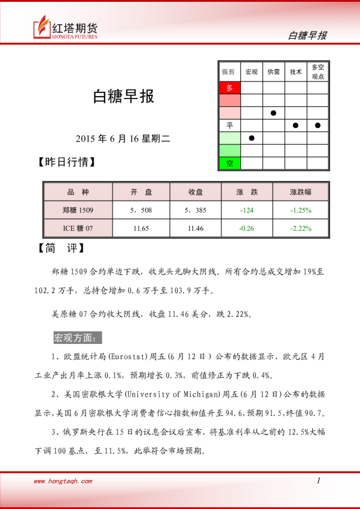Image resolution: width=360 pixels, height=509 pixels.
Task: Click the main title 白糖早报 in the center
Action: [123, 97]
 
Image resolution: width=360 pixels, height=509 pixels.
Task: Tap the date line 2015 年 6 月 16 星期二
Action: [123, 138]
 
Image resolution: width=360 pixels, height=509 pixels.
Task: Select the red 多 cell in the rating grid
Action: [229, 88]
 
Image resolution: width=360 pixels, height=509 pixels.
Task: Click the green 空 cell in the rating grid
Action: [229, 163]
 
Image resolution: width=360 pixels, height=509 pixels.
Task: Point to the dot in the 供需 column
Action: [273, 113]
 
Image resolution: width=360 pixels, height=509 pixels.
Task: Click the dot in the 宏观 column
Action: [252, 138]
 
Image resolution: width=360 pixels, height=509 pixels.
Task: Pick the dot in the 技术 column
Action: [296, 125]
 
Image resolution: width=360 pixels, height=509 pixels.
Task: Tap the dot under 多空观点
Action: [318, 125]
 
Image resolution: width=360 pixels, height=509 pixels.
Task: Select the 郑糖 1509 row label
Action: [77, 210]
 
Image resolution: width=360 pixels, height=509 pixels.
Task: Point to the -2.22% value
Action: [301, 229]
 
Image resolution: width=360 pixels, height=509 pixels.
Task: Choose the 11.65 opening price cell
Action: [141, 229]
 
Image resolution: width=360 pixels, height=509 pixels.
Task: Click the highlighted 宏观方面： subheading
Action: [78, 337]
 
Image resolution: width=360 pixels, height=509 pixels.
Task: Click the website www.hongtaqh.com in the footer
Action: [63, 481]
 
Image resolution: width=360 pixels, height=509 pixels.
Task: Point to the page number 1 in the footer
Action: [318, 481]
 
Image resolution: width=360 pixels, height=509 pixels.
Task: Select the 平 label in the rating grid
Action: [229, 125]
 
